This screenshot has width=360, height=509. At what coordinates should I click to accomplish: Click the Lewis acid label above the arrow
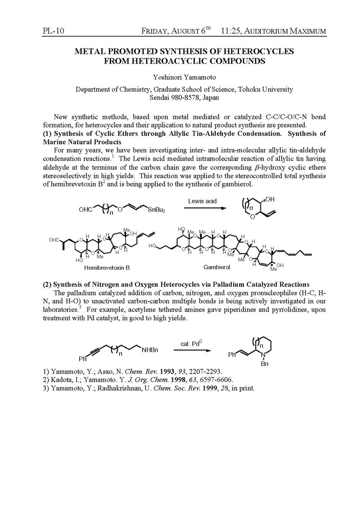(x=202, y=201)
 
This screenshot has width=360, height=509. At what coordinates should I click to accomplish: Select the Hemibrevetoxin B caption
(x=107, y=267)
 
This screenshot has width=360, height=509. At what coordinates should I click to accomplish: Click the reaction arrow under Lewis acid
(x=202, y=208)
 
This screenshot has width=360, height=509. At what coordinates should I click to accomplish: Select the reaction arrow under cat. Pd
(x=192, y=350)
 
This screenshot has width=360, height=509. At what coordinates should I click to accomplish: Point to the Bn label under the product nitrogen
(x=264, y=364)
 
